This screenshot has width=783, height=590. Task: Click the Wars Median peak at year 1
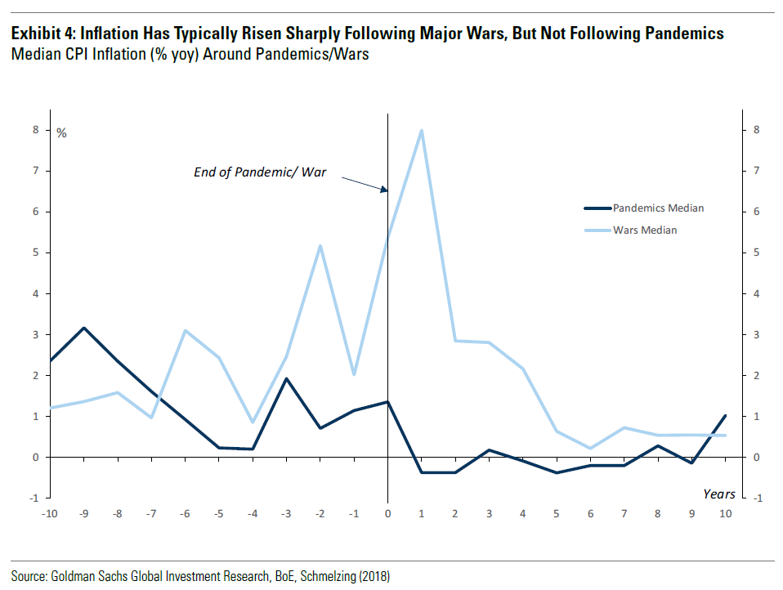pos(421,130)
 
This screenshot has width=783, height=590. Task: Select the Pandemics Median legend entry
pos(658,208)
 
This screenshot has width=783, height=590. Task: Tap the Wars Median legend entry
pos(645,230)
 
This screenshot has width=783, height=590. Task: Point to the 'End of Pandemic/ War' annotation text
pos(259,172)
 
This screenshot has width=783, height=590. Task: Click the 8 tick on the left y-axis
pos(36,129)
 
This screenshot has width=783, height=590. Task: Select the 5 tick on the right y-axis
pos(758,253)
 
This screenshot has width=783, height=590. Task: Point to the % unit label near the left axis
pos(61,133)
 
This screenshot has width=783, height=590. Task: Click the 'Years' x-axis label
pos(719,494)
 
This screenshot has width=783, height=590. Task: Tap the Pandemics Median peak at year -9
pos(83,328)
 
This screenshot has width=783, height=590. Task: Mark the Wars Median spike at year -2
pos(320,245)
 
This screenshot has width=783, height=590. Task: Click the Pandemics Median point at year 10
pos(725,415)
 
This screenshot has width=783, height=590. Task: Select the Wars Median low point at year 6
pos(590,448)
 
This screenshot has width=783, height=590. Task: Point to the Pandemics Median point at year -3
pos(286,378)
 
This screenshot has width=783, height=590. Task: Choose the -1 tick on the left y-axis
pos(35,498)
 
